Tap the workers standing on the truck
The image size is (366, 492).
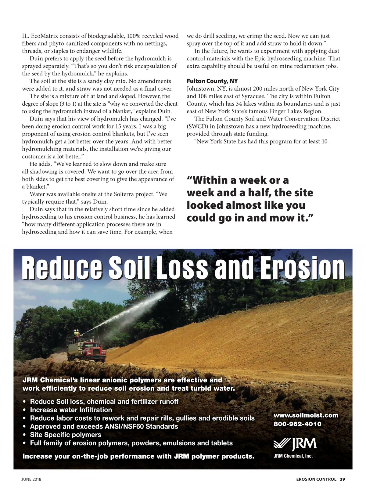[x=77, y=334]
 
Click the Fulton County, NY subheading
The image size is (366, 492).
[x=212, y=81]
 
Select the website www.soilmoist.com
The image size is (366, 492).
[x=306, y=415]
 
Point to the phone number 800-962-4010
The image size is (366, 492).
[x=297, y=424]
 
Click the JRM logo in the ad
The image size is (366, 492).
[x=295, y=444]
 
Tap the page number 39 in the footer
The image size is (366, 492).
[x=343, y=479]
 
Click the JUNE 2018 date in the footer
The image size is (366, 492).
[x=31, y=479]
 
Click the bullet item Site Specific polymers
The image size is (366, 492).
[x=66, y=435]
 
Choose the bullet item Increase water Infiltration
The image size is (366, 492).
[x=71, y=410]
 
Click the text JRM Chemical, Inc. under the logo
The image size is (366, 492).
[x=293, y=456]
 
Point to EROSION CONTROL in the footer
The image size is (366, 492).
[x=316, y=479]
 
